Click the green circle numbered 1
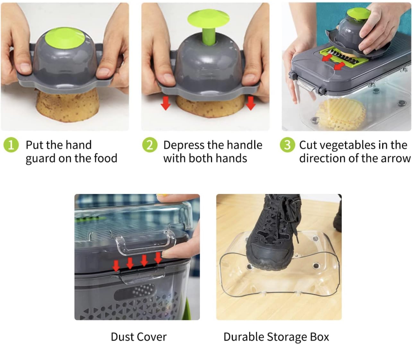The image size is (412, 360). pos(11,145)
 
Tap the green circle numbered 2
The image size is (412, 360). pos(150,145)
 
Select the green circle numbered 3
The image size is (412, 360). pos(287,145)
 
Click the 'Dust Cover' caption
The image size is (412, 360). pos(139,337)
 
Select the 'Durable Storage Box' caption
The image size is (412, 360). pos(276,337)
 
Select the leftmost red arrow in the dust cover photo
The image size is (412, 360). pos(116,265)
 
